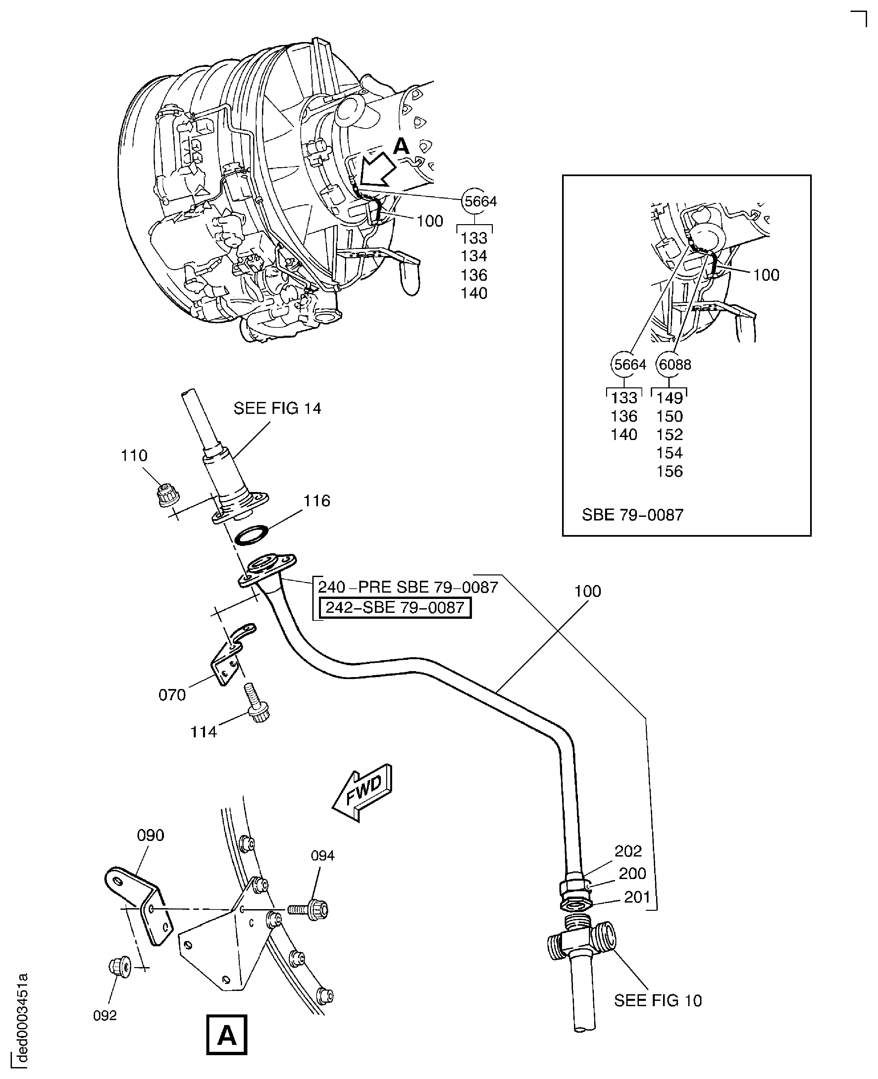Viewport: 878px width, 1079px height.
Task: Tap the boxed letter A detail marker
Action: (227, 1035)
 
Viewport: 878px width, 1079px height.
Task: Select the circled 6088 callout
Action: (674, 365)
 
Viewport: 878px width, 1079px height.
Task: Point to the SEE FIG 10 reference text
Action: (657, 1000)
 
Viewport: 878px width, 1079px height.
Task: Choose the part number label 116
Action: (317, 501)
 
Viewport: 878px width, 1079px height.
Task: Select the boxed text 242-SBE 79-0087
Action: (395, 607)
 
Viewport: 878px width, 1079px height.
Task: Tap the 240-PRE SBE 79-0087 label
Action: (408, 587)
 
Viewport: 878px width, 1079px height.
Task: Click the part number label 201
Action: (637, 897)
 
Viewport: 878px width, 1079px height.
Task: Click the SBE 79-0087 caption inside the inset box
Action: (632, 515)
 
